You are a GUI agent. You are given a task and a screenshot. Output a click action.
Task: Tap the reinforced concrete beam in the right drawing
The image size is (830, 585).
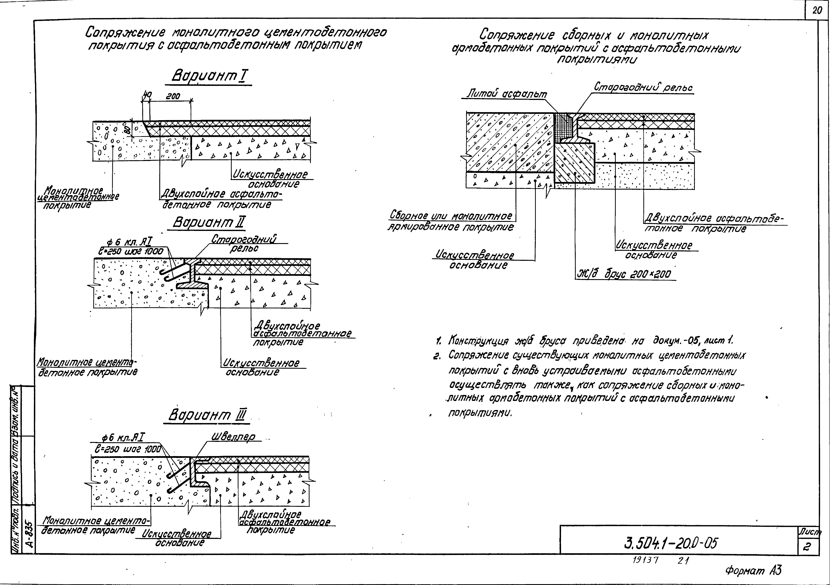(x=575, y=163)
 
